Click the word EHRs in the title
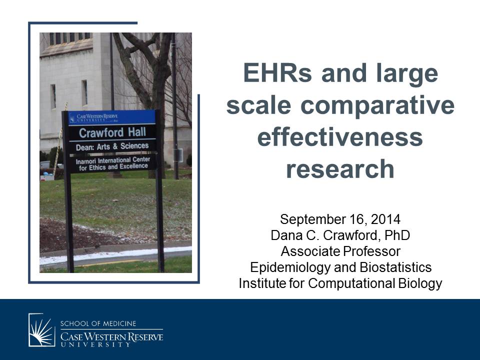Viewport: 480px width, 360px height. pyautogui.click(x=277, y=73)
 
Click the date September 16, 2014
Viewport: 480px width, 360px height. pyautogui.click(x=340, y=219)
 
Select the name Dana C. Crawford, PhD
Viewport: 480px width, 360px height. pyautogui.click(x=340, y=235)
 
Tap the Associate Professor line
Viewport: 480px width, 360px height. pyautogui.click(x=340, y=251)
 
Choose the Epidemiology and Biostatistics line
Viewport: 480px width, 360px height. pyautogui.click(x=340, y=267)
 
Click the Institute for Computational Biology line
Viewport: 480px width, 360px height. pyautogui.click(x=340, y=283)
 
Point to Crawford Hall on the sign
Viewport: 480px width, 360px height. pyautogui.click(x=112, y=132)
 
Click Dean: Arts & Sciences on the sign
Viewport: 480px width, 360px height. pyautogui.click(x=112, y=146)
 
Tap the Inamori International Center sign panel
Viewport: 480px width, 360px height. pyautogui.click(x=113, y=163)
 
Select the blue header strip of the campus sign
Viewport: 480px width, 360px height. pyautogui.click(x=112, y=118)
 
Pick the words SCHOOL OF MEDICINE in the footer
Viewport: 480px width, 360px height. pyautogui.click(x=98, y=323)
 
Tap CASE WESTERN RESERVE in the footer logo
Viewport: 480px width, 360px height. pyautogui.click(x=111, y=336)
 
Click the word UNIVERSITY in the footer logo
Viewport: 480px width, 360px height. pyautogui.click(x=95, y=344)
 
